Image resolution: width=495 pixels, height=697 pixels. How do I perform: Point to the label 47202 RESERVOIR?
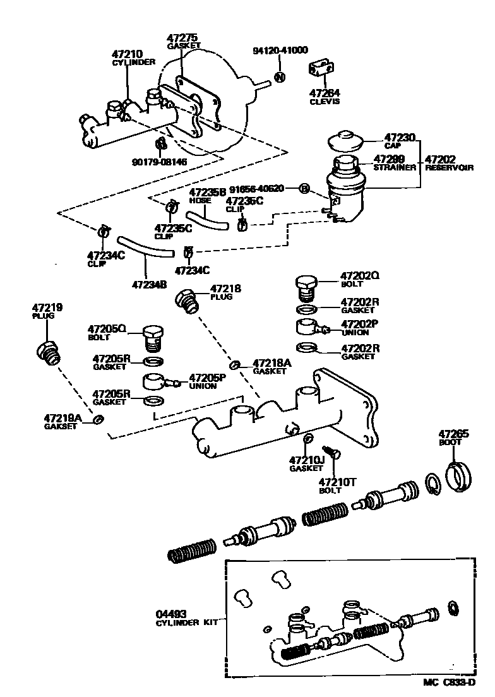tap(448, 162)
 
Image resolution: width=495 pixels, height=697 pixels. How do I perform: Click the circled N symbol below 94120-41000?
tap(280, 77)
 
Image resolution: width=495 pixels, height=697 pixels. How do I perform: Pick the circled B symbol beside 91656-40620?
tap(304, 189)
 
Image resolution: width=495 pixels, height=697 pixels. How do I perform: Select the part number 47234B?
tap(149, 284)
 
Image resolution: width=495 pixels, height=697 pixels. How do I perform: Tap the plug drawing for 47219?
tap(49, 352)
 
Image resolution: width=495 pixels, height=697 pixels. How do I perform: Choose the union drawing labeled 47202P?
tap(311, 328)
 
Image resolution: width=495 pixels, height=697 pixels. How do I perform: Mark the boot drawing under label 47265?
tap(458, 476)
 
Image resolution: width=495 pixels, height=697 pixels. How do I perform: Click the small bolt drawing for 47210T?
tap(336, 453)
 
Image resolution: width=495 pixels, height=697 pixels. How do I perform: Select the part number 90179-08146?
tap(160, 162)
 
